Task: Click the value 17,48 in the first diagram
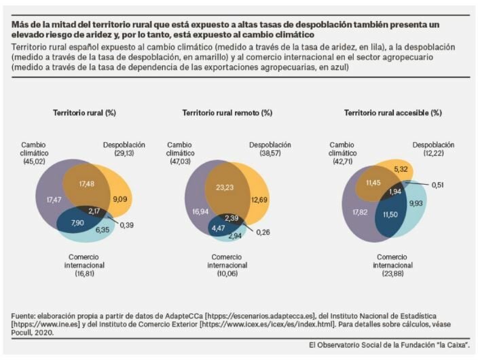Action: pyautogui.click(x=87, y=184)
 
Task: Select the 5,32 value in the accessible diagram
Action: pyautogui.click(x=401, y=168)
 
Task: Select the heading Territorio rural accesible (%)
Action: pyautogui.click(x=393, y=112)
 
